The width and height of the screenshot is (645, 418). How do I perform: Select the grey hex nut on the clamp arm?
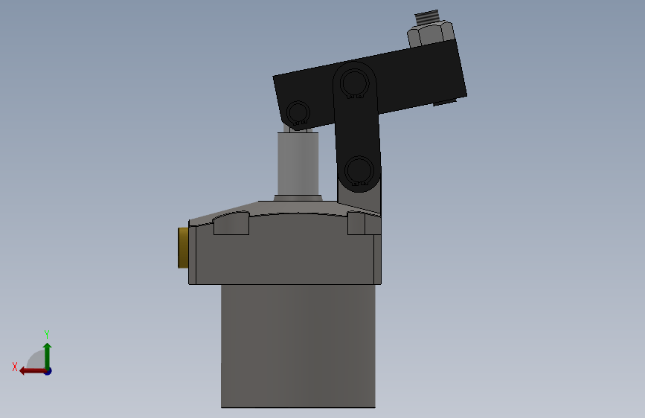coord(431,34)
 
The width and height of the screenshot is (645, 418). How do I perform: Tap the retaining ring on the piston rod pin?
coord(298,114)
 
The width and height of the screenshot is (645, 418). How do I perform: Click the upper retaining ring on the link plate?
coord(355,83)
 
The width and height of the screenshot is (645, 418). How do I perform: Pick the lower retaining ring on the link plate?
coord(359,171)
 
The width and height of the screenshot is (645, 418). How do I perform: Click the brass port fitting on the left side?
coord(182,248)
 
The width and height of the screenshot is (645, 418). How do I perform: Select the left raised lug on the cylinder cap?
coord(231,223)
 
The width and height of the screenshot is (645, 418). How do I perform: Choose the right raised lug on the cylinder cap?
coord(364,223)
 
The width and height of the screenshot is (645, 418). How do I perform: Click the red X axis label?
coord(14,367)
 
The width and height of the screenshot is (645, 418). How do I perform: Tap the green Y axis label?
coord(46,334)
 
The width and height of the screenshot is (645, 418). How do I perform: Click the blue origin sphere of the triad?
coord(48,370)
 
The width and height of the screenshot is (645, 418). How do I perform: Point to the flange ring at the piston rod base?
coord(298,198)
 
